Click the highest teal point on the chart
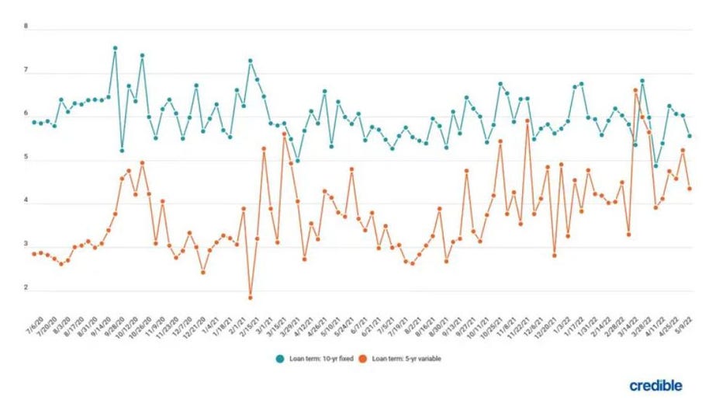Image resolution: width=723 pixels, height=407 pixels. (115, 48)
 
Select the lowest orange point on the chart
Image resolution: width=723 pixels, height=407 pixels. (250, 297)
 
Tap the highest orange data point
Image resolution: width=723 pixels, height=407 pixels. (635, 90)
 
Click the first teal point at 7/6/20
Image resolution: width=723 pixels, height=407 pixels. (33, 122)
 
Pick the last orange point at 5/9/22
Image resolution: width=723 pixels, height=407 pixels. (689, 189)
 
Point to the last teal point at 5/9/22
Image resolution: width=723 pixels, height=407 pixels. (689, 136)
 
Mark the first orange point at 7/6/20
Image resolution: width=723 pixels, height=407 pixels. (33, 254)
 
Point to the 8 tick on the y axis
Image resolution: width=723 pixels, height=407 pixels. (26, 26)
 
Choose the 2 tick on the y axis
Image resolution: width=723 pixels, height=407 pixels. (26, 288)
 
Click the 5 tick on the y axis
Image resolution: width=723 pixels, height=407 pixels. (26, 158)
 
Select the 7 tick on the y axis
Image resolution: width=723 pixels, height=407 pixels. (26, 70)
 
